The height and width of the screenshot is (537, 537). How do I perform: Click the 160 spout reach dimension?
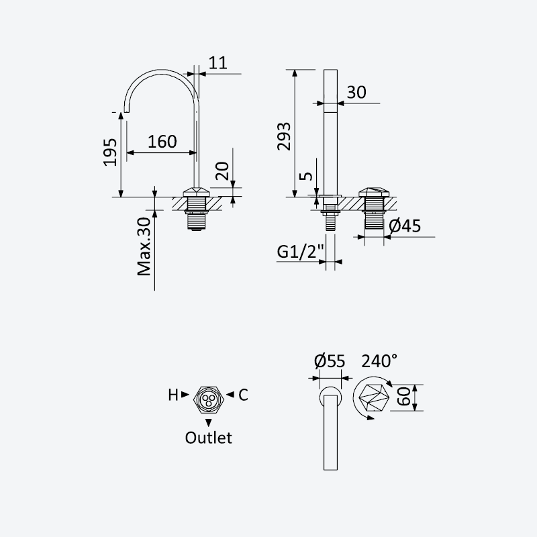coord(162,142)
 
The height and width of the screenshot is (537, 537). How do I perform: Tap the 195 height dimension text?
coord(110,152)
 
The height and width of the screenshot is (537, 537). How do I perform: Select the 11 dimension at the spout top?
coord(217,62)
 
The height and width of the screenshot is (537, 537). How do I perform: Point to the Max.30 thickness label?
coord(144,246)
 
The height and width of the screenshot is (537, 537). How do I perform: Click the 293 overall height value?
coord(284,136)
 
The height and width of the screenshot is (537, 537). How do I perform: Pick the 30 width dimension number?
coord(356,92)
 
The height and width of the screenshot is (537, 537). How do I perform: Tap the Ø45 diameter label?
coord(405,226)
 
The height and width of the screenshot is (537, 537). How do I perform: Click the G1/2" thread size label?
coord(300,252)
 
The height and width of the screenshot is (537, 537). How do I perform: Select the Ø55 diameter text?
coord(330,361)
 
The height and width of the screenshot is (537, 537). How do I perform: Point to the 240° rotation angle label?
coord(379,360)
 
